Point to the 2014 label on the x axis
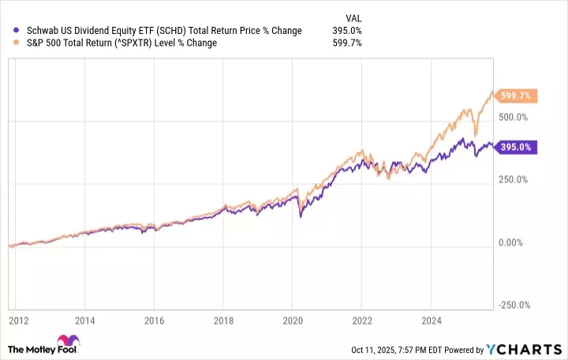[x=85, y=321]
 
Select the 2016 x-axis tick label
[x=155, y=321]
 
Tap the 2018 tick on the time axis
[x=223, y=321]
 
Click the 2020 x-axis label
[x=293, y=321]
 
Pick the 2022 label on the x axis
[x=362, y=321]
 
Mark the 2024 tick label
[x=431, y=321]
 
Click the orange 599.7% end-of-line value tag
[x=518, y=96]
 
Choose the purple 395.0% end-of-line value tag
[x=518, y=147]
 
